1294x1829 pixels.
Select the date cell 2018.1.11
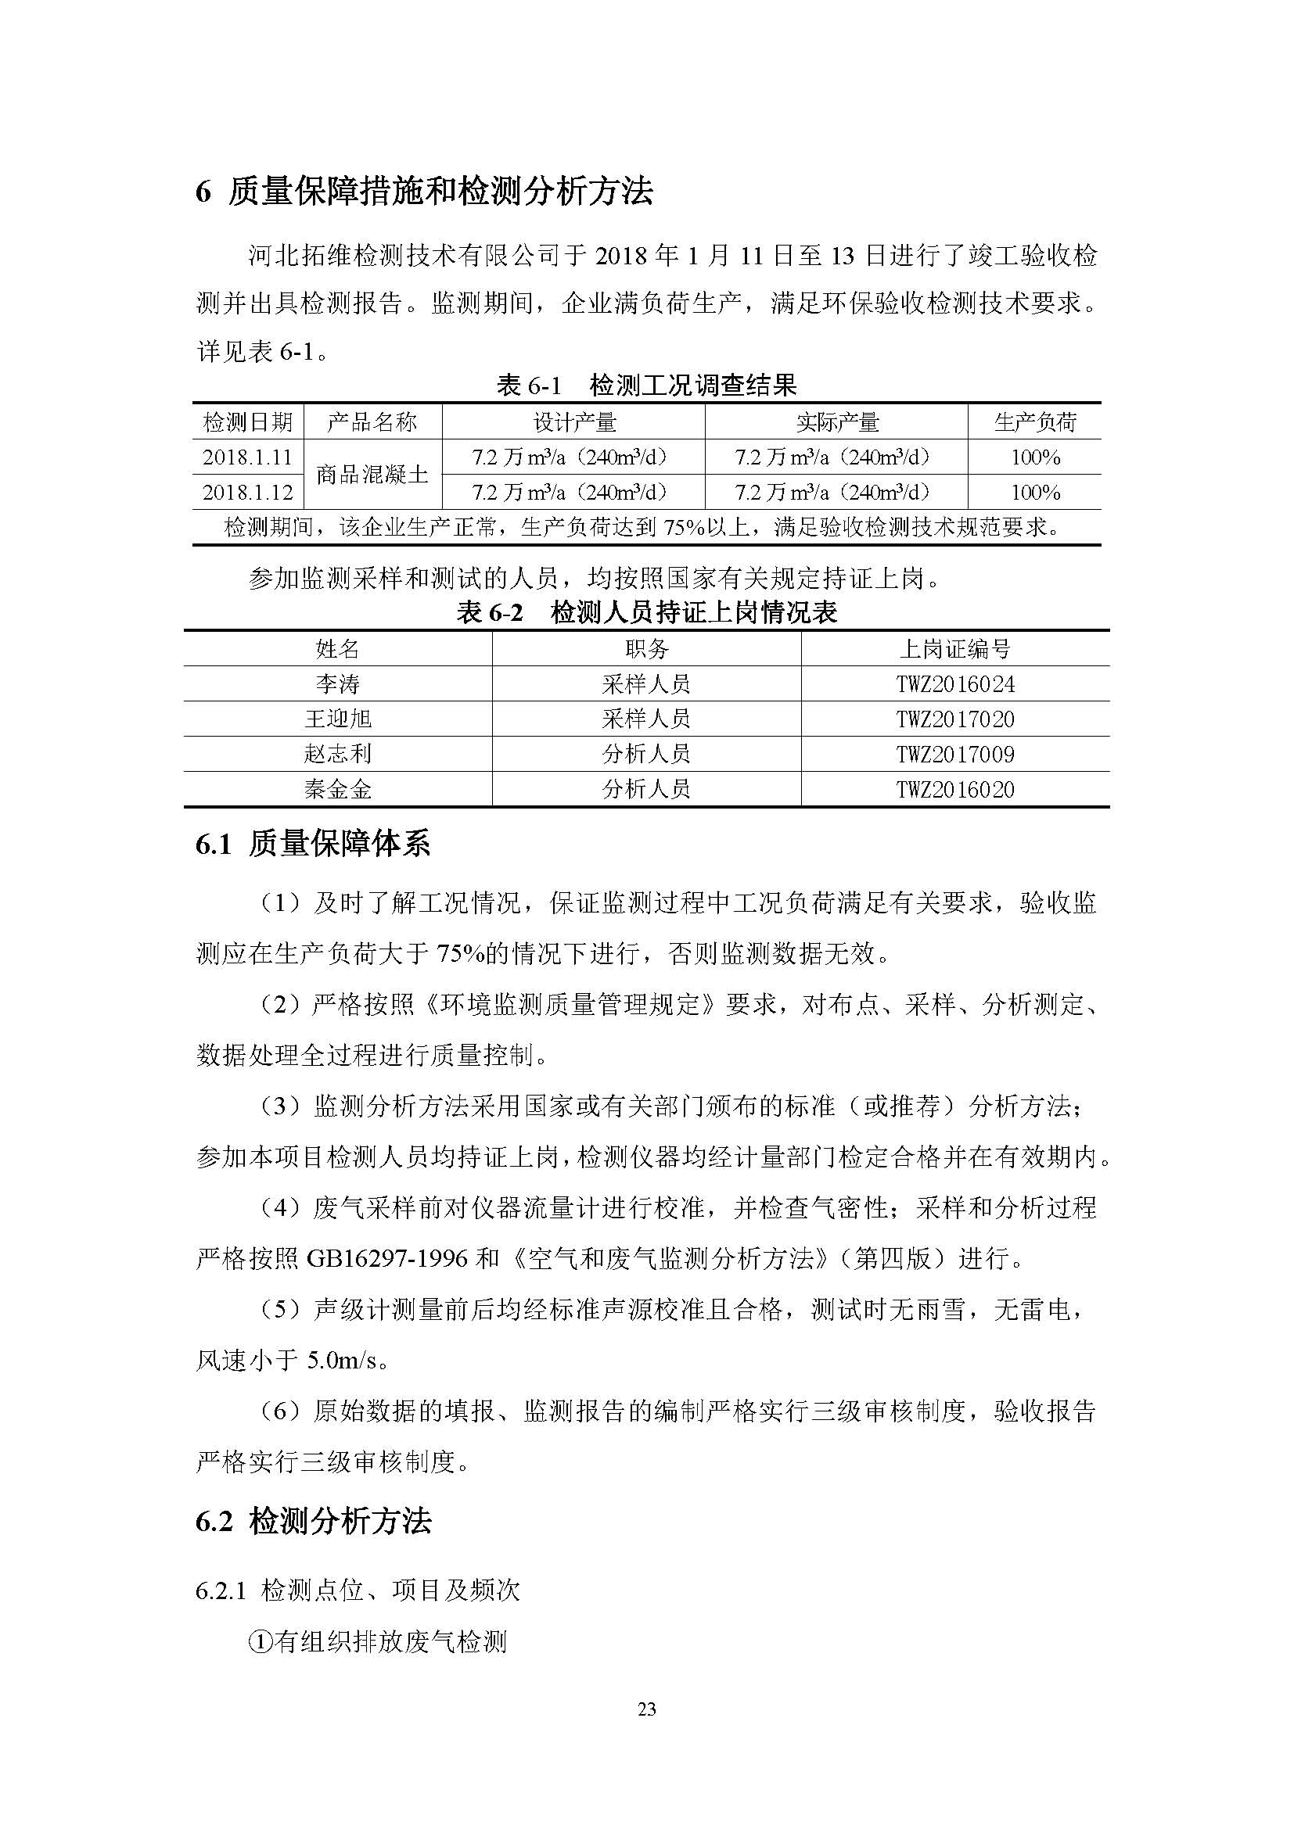(247, 457)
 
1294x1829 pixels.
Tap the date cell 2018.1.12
(247, 493)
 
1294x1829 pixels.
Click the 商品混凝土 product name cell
(372, 475)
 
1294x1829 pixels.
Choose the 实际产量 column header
(836, 422)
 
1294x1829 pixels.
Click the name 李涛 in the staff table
(338, 684)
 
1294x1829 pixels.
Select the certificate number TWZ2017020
(954, 719)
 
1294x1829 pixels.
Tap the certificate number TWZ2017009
(954, 755)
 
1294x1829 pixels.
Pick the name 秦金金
(338, 790)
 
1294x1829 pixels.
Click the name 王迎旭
(338, 719)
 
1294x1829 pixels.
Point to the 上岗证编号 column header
(954, 649)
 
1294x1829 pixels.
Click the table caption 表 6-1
(529, 386)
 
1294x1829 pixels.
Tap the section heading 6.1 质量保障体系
(313, 845)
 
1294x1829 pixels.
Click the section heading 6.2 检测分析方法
(313, 1522)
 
